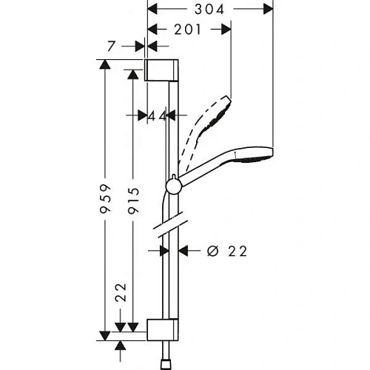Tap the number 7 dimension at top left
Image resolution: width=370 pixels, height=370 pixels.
click(x=111, y=46)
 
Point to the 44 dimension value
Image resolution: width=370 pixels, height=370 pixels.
click(x=155, y=115)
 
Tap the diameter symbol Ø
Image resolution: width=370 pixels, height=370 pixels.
click(x=212, y=252)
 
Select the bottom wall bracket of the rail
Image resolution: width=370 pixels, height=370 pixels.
click(x=162, y=330)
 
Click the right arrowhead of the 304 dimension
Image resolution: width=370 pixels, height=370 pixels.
click(x=269, y=10)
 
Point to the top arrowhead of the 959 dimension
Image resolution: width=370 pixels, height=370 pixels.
click(x=105, y=64)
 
